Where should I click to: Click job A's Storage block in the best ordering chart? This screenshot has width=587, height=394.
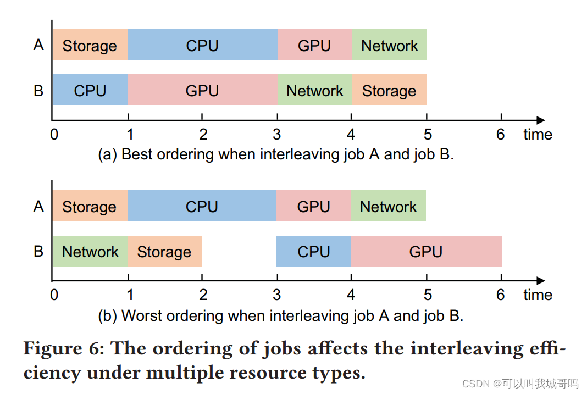coord(90,46)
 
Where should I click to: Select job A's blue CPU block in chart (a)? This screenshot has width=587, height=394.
coord(202,46)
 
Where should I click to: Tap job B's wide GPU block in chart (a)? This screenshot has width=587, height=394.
coord(202,90)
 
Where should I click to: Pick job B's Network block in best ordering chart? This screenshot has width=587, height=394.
coord(314,90)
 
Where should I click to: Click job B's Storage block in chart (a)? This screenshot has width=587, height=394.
coord(389,90)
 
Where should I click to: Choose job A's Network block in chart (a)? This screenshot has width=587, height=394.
coord(389,46)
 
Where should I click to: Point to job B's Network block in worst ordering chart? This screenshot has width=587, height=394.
coord(90,252)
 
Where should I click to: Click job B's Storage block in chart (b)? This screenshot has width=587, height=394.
coord(164,252)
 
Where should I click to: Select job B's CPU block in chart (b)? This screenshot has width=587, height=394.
coord(313,252)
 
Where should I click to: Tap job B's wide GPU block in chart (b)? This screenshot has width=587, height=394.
coord(426,252)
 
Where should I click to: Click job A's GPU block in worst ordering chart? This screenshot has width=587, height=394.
coord(313,207)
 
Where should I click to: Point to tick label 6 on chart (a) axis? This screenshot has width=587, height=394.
coord(500,134)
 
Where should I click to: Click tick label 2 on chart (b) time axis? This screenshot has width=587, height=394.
coord(203,295)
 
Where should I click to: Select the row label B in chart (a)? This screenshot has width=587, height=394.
coord(38,90)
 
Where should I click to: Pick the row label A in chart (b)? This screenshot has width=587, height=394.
coord(38,206)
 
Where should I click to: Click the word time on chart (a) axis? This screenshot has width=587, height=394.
coord(537,135)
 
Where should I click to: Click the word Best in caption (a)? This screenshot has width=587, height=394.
coord(137,154)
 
